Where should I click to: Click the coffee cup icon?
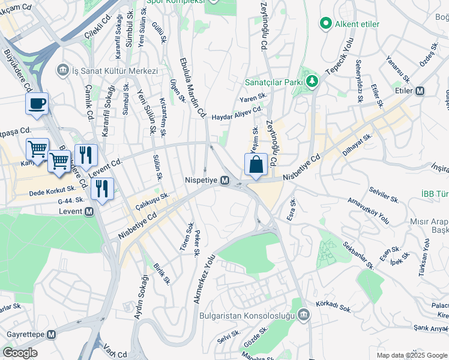click(37, 103)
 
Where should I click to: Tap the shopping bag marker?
click(256, 164)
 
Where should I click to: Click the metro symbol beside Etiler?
click(420, 91)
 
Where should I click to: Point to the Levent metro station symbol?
click(89, 211)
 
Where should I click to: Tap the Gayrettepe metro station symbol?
click(51, 334)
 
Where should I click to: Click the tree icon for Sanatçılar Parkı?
click(311, 81)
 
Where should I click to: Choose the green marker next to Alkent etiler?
click(326, 23)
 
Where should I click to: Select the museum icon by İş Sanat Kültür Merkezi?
click(62, 71)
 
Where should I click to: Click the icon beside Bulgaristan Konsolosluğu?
click(304, 315)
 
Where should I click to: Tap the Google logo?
click(20, 353)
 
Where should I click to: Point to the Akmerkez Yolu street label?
click(204, 278)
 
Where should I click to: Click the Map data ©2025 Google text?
click(412, 355)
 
